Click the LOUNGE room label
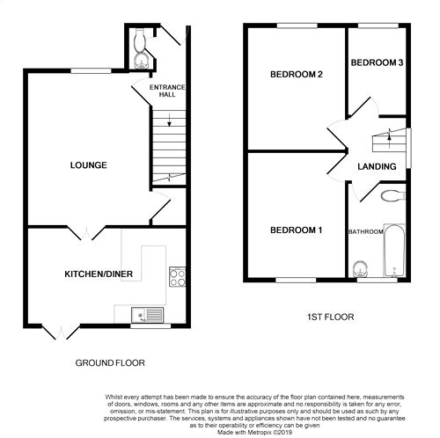[88, 165]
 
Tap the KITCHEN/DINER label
[99, 274]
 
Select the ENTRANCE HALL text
[167, 91]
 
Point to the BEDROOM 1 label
[296, 230]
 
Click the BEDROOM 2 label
[297, 75]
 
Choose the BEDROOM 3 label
[377, 62]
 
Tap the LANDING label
[377, 166]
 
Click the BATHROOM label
[366, 231]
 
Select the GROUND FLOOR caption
[110, 363]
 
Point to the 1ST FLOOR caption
[330, 317]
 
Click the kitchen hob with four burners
[178, 276]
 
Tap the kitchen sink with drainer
[147, 315]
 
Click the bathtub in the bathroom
[394, 251]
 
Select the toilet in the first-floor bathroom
[392, 196]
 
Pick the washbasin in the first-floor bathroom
[360, 269]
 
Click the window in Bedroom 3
[378, 26]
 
